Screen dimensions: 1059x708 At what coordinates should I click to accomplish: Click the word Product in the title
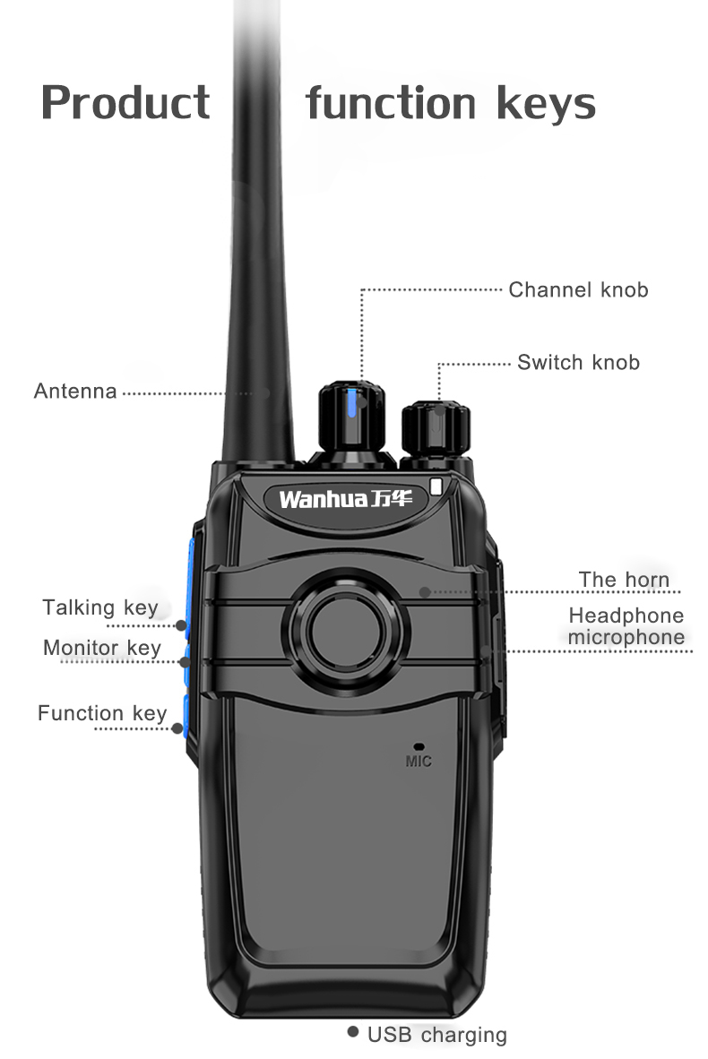tap(125, 102)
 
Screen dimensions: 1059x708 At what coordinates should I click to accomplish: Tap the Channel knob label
tap(578, 289)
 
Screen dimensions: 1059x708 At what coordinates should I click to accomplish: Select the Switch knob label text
tap(578, 362)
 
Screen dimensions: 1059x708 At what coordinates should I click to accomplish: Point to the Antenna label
tap(75, 392)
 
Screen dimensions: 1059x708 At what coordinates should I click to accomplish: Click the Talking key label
tap(100, 607)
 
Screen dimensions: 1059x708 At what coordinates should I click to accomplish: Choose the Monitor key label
tap(102, 647)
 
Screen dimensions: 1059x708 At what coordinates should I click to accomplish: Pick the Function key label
tap(102, 713)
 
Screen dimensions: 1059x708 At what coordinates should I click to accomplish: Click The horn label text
tap(624, 579)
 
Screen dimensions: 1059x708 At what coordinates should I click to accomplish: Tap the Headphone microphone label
tap(626, 626)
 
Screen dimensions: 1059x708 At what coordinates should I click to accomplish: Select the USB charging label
tap(436, 1035)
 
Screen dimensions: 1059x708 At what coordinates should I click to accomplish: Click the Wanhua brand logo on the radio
tap(345, 498)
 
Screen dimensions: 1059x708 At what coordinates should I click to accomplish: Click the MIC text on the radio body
tap(418, 762)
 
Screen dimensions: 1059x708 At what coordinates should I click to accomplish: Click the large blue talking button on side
tap(192, 573)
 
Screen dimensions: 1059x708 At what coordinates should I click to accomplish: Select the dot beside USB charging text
tap(353, 1032)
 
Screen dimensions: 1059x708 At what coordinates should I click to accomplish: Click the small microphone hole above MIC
tap(418, 745)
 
